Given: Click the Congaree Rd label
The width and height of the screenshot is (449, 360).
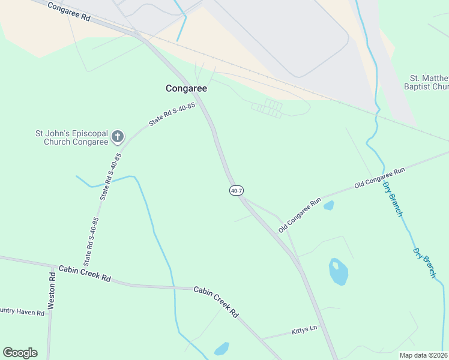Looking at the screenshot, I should (x=68, y=12).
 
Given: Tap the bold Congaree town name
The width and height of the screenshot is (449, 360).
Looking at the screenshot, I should (x=186, y=88).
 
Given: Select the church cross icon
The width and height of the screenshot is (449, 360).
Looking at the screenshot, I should (x=117, y=137).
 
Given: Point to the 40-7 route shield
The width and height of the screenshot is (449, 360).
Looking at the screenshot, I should (x=236, y=191).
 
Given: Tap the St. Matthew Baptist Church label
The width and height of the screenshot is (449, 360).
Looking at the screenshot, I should (x=429, y=82).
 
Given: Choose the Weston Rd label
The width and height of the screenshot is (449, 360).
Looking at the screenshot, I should (x=52, y=290).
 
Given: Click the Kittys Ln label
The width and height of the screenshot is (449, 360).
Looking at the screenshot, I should (x=304, y=330).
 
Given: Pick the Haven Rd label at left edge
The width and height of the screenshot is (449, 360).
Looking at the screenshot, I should (x=22, y=313).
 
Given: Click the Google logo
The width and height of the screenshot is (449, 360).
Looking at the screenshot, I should (x=20, y=353).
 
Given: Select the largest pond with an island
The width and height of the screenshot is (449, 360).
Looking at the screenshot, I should (x=339, y=273).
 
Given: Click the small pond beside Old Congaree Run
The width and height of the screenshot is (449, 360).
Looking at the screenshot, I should (x=328, y=206).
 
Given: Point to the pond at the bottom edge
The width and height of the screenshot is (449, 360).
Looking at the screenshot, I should (x=221, y=349).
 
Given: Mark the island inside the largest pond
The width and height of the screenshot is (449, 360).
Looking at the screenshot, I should (x=336, y=265).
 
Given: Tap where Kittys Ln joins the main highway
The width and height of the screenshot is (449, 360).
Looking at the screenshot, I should (x=319, y=329).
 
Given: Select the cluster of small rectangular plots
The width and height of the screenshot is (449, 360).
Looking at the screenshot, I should (x=267, y=109).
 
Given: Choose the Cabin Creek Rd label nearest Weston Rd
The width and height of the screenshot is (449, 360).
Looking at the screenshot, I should (x=85, y=273).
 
